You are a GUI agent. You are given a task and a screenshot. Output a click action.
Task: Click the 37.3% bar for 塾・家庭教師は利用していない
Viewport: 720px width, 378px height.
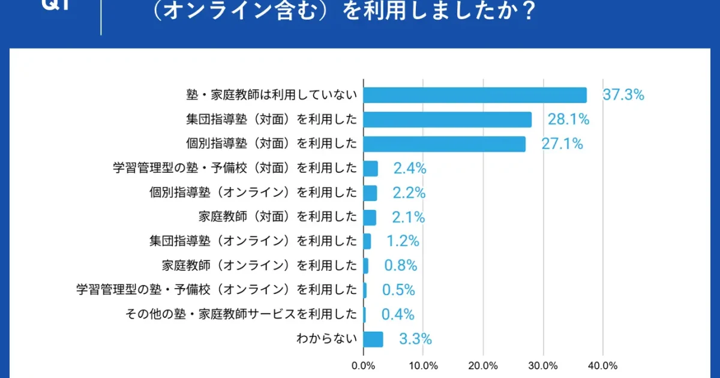[x=475, y=95]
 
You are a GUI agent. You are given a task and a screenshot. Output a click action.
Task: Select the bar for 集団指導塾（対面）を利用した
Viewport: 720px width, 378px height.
[x=448, y=120]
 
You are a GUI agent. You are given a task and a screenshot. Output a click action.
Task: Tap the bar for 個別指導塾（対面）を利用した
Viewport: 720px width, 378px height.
[x=445, y=144]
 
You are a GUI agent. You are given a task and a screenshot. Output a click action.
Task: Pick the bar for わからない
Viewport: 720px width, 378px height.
[x=373, y=339]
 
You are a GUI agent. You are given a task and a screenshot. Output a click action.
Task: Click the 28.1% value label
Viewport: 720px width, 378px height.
[x=568, y=120]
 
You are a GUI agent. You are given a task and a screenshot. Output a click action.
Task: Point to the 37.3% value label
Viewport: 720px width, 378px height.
[x=623, y=95]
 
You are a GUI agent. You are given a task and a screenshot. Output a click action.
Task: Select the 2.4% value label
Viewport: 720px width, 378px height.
[x=410, y=169]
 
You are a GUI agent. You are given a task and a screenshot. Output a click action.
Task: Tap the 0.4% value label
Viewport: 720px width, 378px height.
[x=398, y=314]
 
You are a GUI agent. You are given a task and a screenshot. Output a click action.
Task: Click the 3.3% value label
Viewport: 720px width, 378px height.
[x=415, y=339]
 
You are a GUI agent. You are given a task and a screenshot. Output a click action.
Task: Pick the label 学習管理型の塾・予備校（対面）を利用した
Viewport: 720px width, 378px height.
[x=235, y=169]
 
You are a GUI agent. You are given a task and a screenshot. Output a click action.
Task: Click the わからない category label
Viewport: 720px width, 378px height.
[x=326, y=338]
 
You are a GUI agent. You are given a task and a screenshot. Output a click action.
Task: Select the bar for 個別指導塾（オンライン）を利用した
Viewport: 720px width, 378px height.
[x=370, y=193]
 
